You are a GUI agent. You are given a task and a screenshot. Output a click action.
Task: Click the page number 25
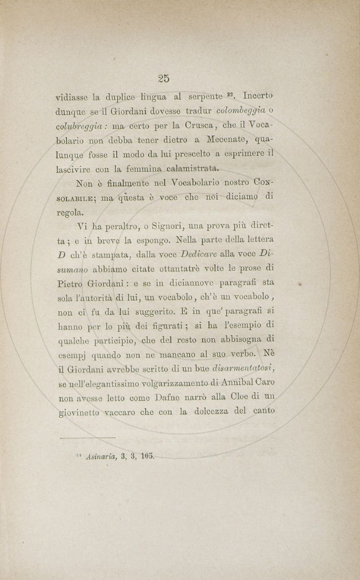[164, 79]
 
